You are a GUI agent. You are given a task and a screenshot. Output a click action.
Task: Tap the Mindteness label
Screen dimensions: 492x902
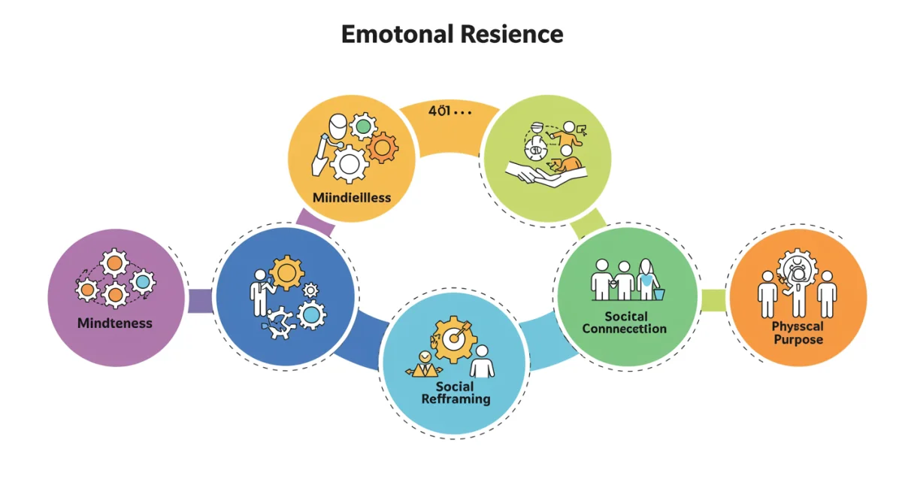click(x=114, y=323)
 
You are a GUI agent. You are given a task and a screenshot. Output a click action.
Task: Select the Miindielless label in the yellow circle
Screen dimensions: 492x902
click(x=351, y=198)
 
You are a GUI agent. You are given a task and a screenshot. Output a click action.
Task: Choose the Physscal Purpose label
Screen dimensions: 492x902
click(x=798, y=333)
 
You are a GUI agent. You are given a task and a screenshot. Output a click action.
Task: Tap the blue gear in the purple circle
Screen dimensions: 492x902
click(x=141, y=282)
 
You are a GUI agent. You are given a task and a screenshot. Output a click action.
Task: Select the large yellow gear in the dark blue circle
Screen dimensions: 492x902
click(x=286, y=272)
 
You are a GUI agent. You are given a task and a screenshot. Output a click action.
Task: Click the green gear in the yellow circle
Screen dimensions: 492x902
click(x=363, y=126)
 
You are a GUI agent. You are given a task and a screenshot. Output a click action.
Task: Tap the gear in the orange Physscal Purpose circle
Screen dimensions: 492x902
click(x=797, y=269)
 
